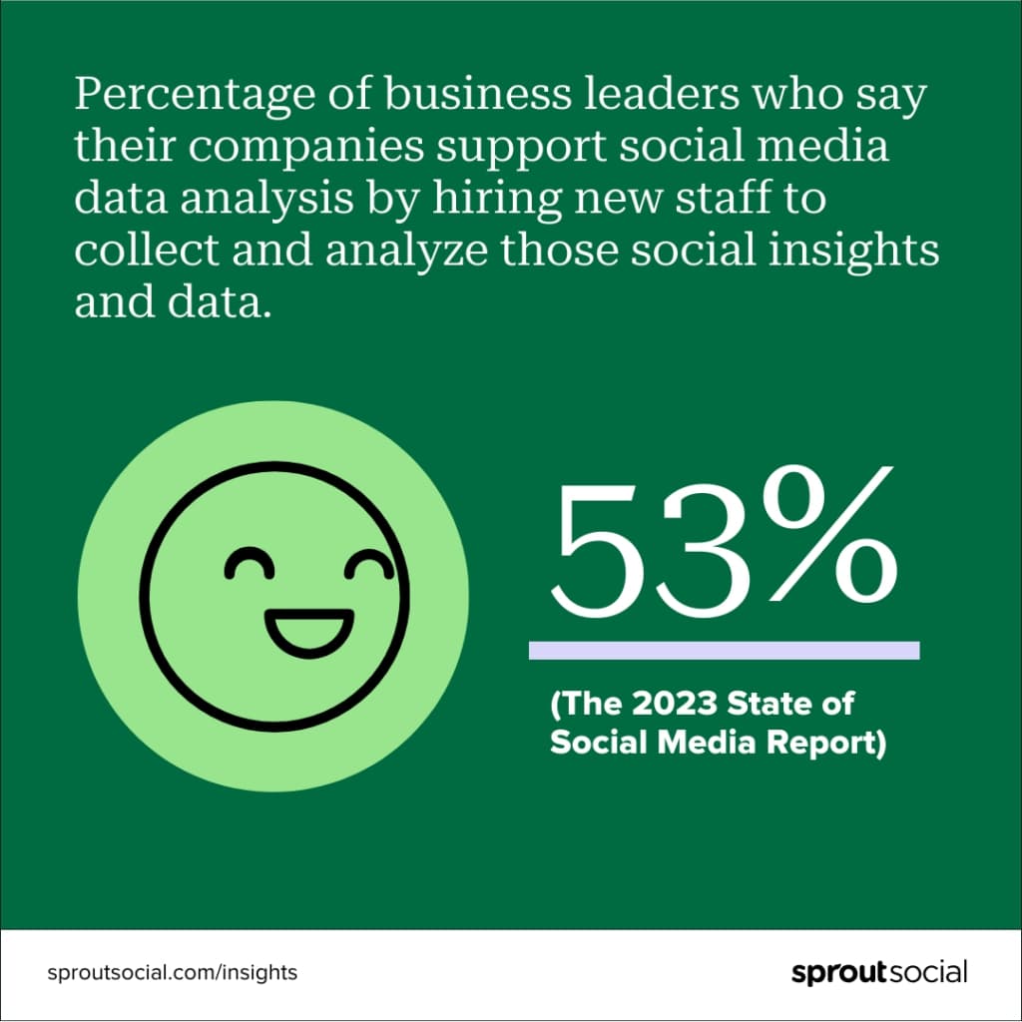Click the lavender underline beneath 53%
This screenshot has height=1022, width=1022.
(724, 651)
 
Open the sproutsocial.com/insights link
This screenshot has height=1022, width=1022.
(173, 972)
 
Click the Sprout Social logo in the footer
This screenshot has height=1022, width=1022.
(879, 972)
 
